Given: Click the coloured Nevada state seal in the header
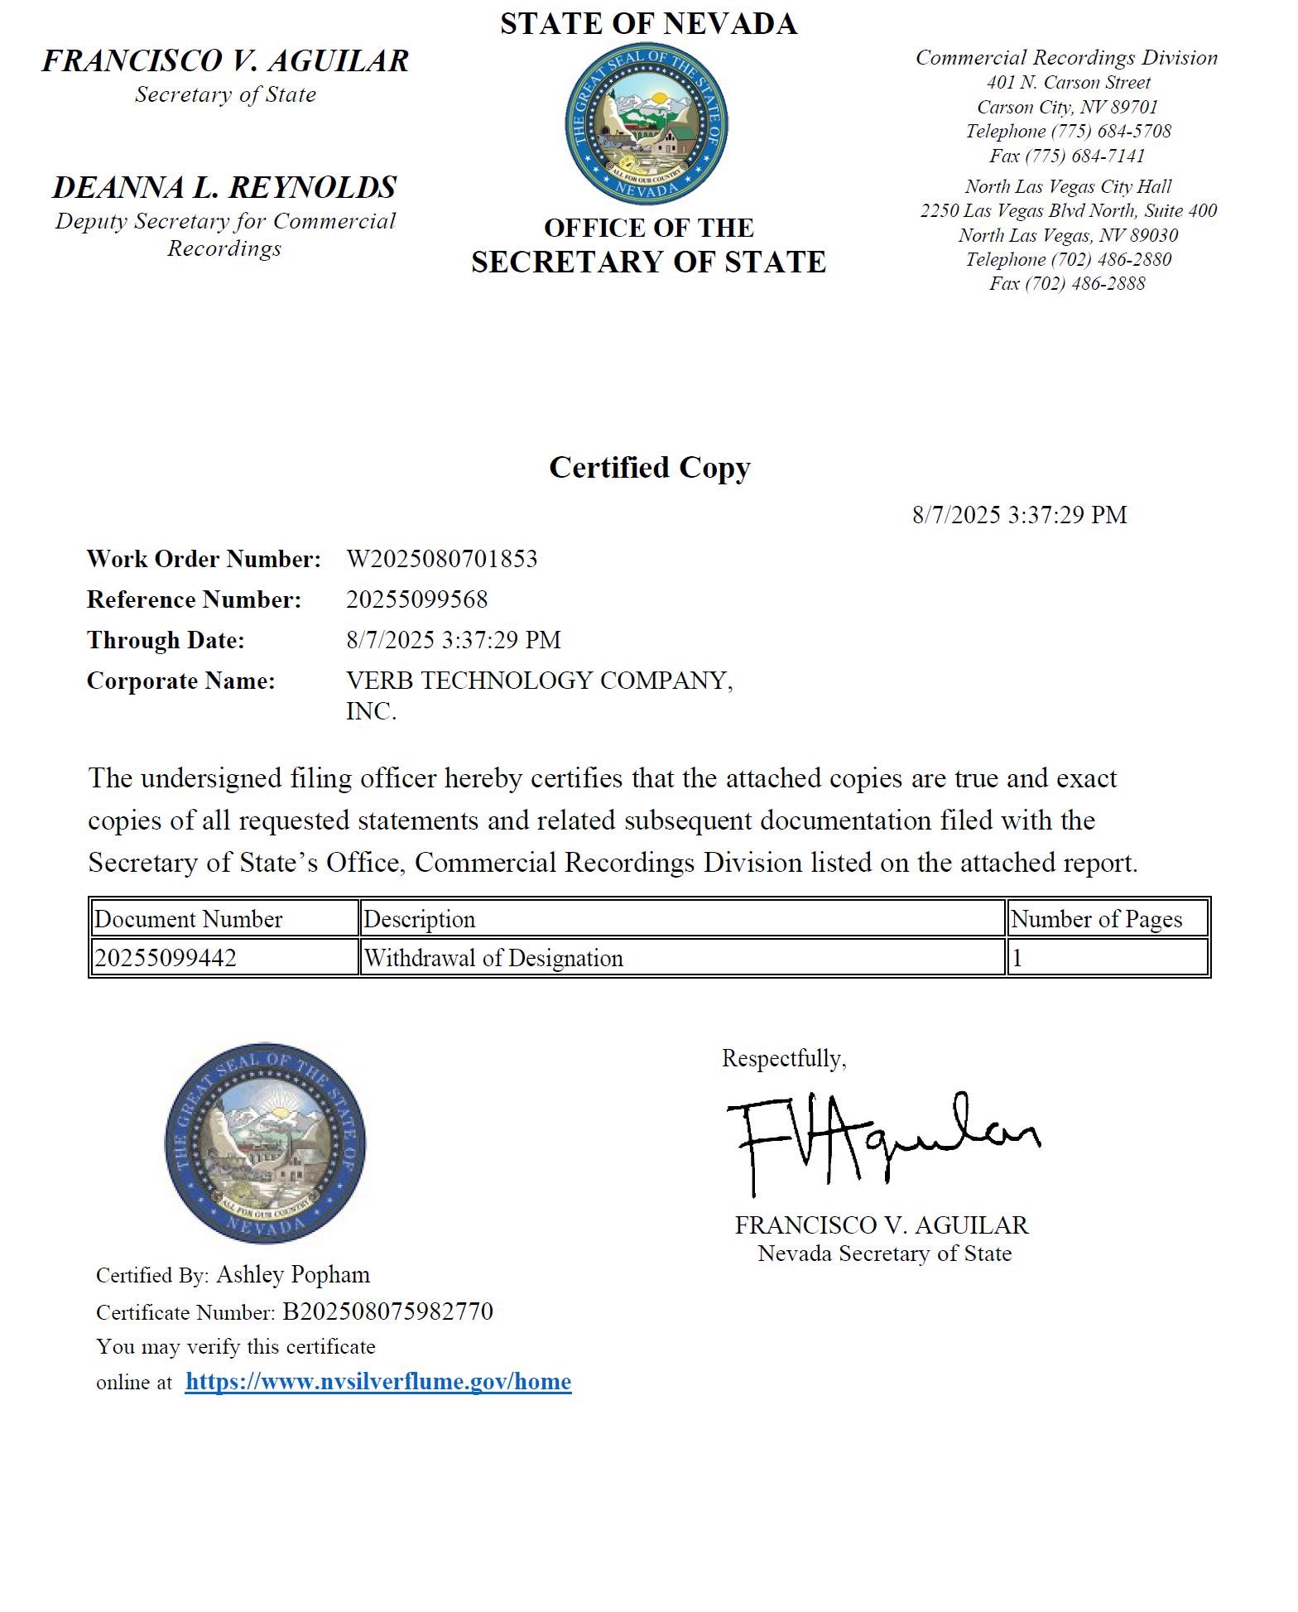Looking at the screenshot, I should click(x=647, y=123).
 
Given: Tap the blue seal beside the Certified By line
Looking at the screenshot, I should click(x=265, y=1143).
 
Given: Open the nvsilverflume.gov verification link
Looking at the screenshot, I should click(x=378, y=1382).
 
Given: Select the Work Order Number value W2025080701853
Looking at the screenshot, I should click(x=442, y=559).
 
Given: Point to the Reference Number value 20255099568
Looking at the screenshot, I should click(x=417, y=599).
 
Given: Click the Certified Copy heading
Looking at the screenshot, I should click(x=650, y=468).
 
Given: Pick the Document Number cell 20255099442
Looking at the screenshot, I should click(x=166, y=958).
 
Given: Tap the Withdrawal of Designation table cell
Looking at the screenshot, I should click(x=494, y=958).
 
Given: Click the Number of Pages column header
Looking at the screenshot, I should click(x=1097, y=919).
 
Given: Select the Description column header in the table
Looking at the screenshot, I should click(x=420, y=919).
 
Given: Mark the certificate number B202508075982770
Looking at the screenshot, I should click(x=387, y=1311).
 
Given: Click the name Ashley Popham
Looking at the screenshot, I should click(x=293, y=1274).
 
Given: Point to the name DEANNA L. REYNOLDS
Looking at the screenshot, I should click(x=225, y=187).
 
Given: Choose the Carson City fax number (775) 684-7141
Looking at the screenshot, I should click(x=1085, y=156).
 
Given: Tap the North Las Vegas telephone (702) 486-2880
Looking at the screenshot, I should click(x=1111, y=259).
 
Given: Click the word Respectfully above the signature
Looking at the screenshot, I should click(x=784, y=1058).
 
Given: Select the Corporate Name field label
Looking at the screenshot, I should click(x=181, y=681).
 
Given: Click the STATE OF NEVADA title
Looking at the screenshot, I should click(x=649, y=23).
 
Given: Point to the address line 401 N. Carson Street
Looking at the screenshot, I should click(x=1069, y=83).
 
